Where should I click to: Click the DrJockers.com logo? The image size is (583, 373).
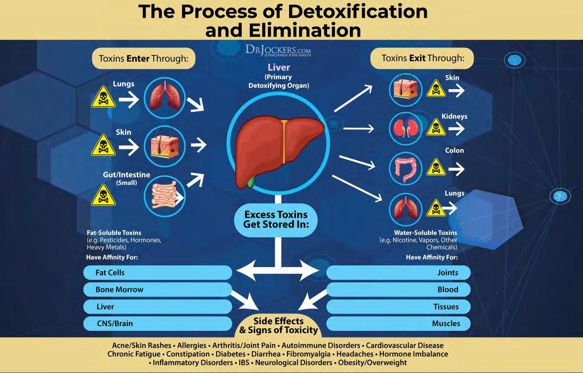[x=278, y=51]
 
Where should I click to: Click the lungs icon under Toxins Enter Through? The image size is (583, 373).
[x=164, y=98]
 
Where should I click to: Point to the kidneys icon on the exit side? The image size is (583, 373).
[x=405, y=128]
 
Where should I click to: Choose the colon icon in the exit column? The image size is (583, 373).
[x=405, y=169]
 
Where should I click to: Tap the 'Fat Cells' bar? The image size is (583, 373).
[x=157, y=273]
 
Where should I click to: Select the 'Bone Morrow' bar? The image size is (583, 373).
[x=157, y=289]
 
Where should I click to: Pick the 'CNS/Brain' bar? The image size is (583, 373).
[x=157, y=323]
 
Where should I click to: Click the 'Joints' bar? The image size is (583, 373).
[x=398, y=273]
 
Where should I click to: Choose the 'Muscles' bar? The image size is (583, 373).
[x=398, y=323]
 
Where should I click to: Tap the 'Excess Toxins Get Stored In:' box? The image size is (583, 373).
[x=276, y=219]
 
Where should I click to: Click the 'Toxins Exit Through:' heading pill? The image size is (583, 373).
[x=422, y=59]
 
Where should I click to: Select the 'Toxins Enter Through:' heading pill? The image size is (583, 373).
[x=144, y=59]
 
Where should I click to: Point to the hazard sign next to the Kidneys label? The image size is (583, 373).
[x=436, y=127]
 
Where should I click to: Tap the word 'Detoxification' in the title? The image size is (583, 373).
[x=358, y=12]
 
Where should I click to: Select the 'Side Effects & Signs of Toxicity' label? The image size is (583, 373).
[x=278, y=326]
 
